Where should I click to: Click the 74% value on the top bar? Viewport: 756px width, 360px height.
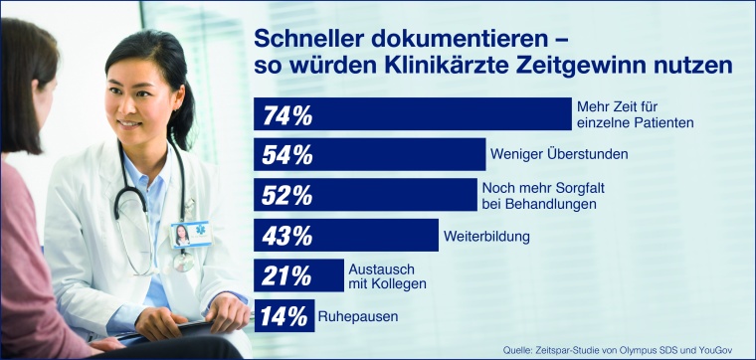(288, 115)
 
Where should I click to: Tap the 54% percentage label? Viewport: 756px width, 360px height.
(288, 154)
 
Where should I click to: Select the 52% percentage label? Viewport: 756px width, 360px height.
(288, 194)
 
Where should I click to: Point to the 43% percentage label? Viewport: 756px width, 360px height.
(288, 236)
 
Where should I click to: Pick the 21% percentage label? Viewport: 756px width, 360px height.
(286, 275)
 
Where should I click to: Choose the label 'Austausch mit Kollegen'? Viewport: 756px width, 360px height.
(386, 275)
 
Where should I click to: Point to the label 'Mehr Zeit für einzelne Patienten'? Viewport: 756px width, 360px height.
(634, 114)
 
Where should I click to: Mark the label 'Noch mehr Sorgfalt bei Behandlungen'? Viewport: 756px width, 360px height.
(542, 194)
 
